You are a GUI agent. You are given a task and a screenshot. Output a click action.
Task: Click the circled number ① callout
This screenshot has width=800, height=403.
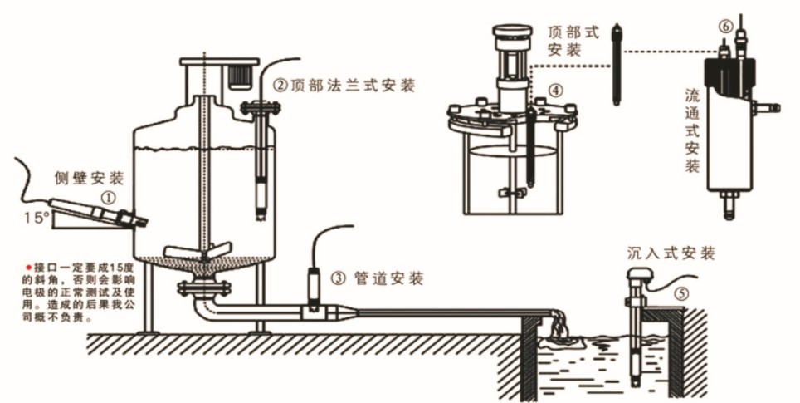108,198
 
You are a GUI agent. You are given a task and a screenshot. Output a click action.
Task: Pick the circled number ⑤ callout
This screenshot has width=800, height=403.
680,292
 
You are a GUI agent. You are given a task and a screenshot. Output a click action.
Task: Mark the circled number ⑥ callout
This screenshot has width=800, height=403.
724,27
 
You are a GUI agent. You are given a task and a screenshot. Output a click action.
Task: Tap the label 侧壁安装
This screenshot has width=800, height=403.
90,178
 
